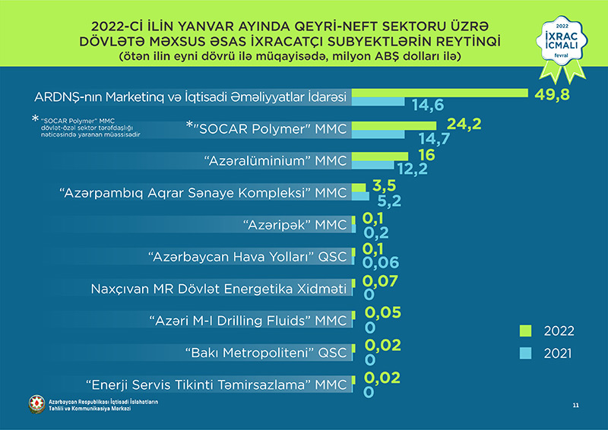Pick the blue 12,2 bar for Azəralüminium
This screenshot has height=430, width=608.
point(374,165)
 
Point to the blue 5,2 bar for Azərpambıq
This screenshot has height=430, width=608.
point(362,197)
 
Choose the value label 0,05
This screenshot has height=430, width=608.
point(382,314)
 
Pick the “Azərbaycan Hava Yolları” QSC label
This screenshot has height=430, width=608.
point(248,257)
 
